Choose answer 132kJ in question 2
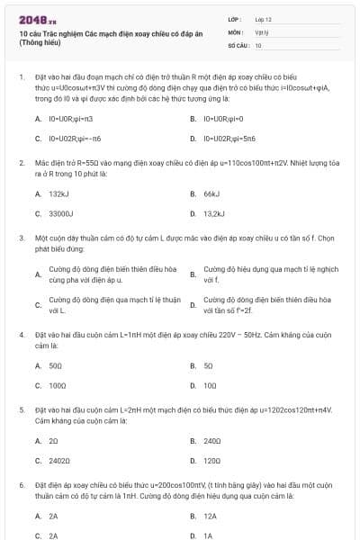59,193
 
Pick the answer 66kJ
211,193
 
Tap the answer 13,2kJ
213,214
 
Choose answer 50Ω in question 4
56,365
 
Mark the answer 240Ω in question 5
212,441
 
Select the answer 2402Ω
59,461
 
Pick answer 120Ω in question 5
212,461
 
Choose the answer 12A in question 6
211,517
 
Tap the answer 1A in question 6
208,535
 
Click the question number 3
21,238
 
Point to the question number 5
21,409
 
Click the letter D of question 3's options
193,305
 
